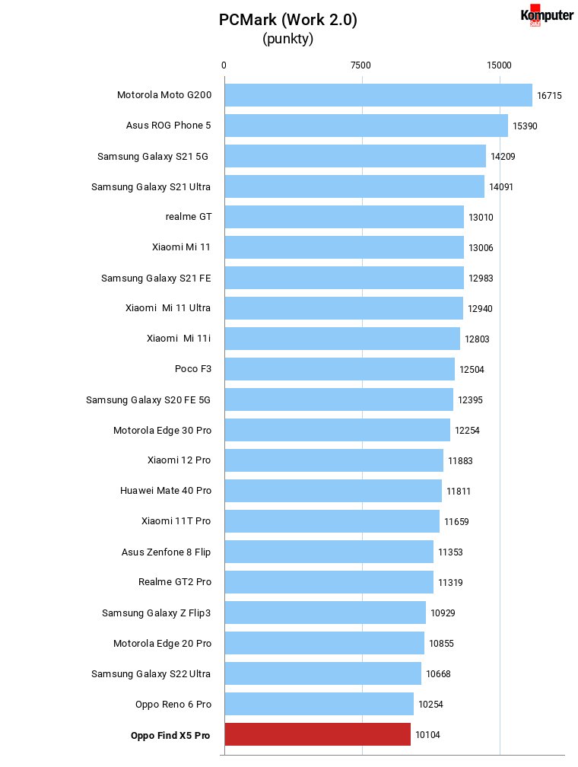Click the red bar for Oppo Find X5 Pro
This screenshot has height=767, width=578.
click(x=317, y=734)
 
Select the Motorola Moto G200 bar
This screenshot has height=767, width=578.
click(x=379, y=95)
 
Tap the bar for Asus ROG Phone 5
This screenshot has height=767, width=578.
click(x=367, y=126)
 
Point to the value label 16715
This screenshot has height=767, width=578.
click(x=549, y=96)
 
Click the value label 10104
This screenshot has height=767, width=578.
click(x=427, y=735)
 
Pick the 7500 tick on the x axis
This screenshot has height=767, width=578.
click(x=361, y=65)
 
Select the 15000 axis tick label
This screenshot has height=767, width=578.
click(x=499, y=65)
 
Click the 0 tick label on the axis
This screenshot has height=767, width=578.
click(x=224, y=65)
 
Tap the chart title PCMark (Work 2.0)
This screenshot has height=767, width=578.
click(x=288, y=20)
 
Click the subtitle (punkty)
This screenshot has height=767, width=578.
click(x=288, y=39)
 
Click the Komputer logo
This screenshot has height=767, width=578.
click(x=547, y=15)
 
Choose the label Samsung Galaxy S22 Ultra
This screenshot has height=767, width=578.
click(x=151, y=673)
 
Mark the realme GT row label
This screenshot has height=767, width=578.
click(x=189, y=216)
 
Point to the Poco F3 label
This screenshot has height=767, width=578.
click(x=193, y=368)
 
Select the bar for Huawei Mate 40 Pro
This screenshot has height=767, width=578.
click(x=333, y=491)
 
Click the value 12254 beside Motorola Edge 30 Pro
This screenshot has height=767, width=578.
click(x=467, y=431)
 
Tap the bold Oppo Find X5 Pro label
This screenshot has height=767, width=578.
click(x=170, y=735)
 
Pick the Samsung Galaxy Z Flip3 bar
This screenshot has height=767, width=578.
click(x=326, y=613)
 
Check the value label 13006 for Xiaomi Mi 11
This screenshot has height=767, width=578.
click(x=481, y=248)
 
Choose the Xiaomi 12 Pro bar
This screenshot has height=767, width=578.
click(x=334, y=460)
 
